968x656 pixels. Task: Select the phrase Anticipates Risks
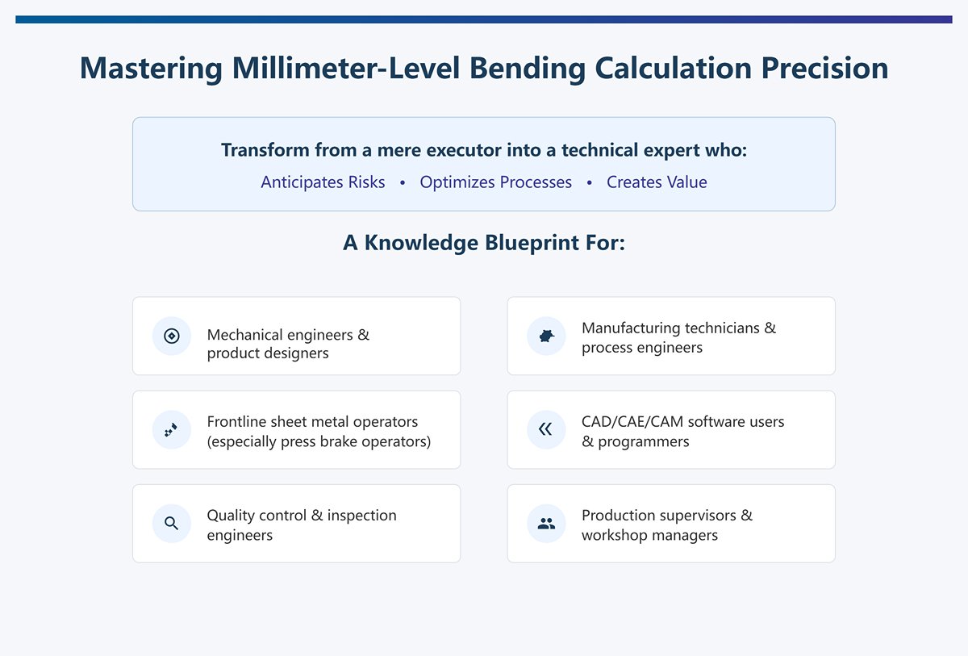click(323, 182)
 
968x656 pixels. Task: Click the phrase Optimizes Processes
click(495, 182)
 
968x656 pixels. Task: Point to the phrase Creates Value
click(657, 182)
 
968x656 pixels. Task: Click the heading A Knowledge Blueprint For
click(484, 243)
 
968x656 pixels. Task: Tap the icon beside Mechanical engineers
click(172, 336)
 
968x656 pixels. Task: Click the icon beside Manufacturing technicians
click(546, 336)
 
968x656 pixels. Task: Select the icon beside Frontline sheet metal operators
click(172, 429)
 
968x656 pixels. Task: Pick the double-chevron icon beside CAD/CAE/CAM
click(546, 429)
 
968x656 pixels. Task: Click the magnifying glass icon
click(172, 523)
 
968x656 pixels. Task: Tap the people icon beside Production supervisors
click(546, 523)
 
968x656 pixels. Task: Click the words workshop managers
click(649, 535)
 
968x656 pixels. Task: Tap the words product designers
click(268, 353)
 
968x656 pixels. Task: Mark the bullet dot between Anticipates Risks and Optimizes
click(403, 183)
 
